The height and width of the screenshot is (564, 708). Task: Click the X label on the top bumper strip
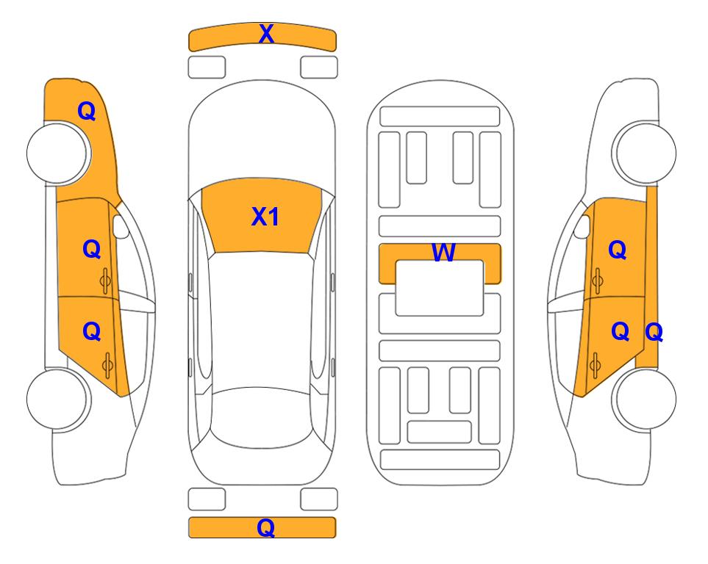[266, 34]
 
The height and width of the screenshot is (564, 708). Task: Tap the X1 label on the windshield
[265, 217]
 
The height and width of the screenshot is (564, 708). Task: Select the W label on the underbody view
[443, 252]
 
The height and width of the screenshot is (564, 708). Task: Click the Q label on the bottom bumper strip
[266, 527]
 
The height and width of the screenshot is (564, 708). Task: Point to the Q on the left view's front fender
[87, 111]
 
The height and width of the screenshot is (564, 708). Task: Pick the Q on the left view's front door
[92, 249]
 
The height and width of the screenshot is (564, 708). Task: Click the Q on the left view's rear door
[92, 332]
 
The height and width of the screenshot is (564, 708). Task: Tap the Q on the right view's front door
[618, 250]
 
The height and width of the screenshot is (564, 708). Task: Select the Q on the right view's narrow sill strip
[654, 333]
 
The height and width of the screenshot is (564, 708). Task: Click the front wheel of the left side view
[58, 153]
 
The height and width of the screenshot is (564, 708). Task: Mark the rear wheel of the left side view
[58, 399]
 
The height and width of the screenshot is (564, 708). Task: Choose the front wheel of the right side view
[644, 153]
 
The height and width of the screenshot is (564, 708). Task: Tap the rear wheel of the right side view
[644, 399]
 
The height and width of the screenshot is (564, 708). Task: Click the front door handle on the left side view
[106, 281]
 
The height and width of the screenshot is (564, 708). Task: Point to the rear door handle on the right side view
[596, 365]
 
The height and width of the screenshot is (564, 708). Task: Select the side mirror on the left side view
[121, 226]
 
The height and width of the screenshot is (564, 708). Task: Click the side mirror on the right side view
[582, 226]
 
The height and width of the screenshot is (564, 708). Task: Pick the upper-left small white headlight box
[207, 68]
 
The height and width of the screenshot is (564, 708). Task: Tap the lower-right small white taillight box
[319, 499]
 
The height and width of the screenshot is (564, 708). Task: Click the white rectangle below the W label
[440, 288]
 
